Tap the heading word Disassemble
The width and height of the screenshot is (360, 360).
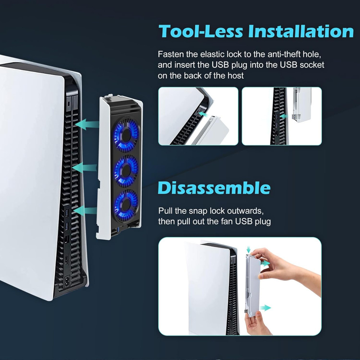pyautogui.click(x=214, y=188)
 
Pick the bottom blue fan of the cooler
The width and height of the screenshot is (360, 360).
pyautogui.click(x=126, y=206)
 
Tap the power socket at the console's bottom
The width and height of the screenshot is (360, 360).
pyautogui.click(x=67, y=282)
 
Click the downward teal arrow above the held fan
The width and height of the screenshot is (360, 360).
pyautogui.click(x=249, y=249)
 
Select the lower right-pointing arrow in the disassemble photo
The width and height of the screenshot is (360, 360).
pyautogui.click(x=266, y=308)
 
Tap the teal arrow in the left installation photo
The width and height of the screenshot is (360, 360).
pyautogui.click(x=204, y=114)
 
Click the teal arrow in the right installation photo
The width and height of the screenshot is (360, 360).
pyautogui.click(x=284, y=116)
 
